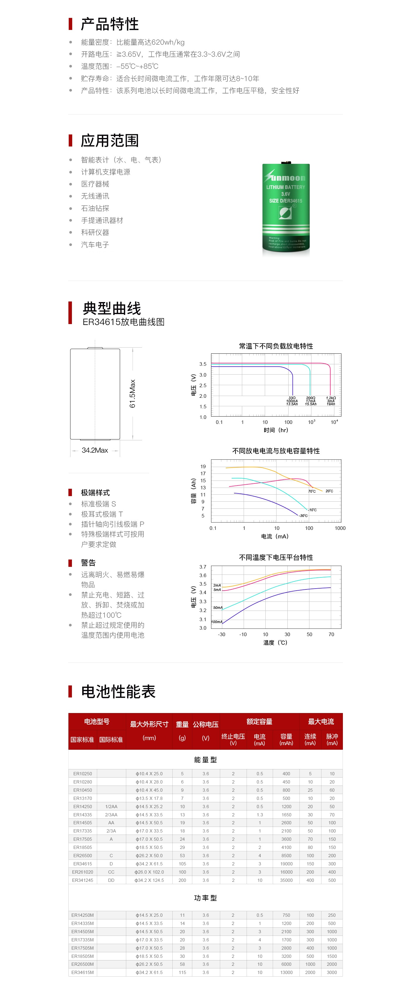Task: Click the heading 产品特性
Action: [110, 24]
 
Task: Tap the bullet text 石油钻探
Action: [95, 208]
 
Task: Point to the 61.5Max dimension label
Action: [132, 393]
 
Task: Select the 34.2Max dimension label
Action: [95, 450]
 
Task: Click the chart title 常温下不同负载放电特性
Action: [276, 346]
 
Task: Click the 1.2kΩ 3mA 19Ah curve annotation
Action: [331, 401]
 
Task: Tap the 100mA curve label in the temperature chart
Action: [216, 622]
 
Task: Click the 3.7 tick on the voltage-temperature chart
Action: [203, 567]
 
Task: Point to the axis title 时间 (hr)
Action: [276, 430]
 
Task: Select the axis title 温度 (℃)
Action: [275, 642]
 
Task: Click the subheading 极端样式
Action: [95, 493]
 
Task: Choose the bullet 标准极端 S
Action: [98, 504]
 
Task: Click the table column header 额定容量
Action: [259, 722]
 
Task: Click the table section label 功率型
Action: [206, 898]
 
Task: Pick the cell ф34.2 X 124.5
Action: [149, 880]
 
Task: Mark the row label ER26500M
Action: [82, 964]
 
